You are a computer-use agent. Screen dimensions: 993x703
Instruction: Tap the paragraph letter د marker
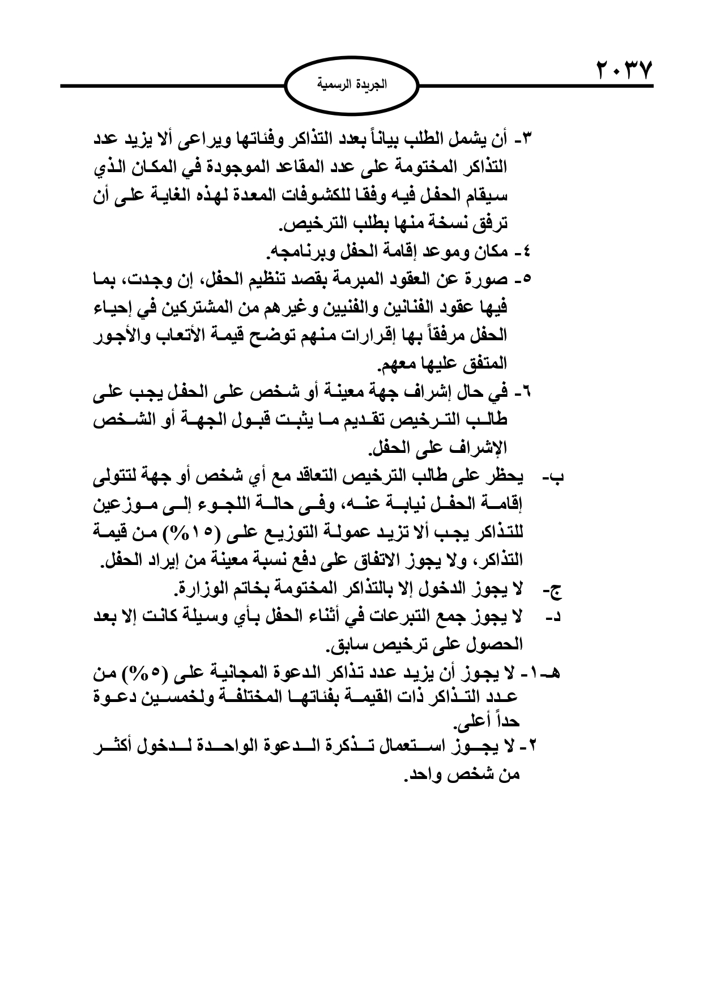(x=555, y=618)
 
